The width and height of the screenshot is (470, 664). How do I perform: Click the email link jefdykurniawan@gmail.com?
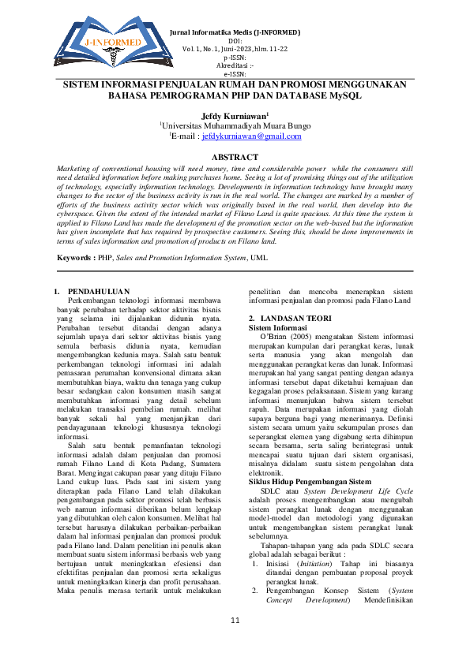click(x=251, y=136)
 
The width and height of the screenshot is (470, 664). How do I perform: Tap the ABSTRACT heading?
click(x=235, y=157)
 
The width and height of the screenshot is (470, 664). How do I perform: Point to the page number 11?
click(x=235, y=643)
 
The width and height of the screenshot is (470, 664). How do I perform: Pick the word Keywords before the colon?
click(x=79, y=258)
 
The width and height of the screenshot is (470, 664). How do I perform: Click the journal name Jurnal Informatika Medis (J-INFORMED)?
click(x=235, y=32)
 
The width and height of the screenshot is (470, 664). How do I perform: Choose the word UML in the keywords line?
click(x=261, y=258)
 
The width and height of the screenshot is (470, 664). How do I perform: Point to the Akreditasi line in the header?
click(x=235, y=65)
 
